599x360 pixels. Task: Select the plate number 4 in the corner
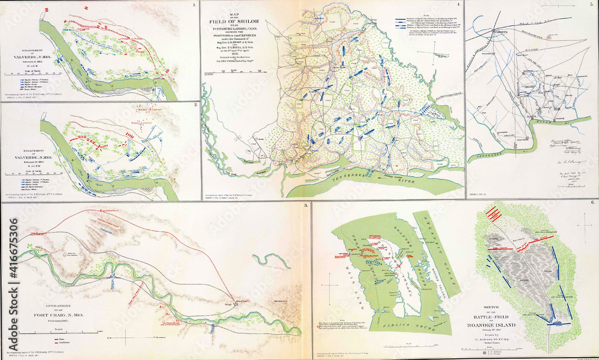(459, 5)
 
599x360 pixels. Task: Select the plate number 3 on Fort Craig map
(306, 206)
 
